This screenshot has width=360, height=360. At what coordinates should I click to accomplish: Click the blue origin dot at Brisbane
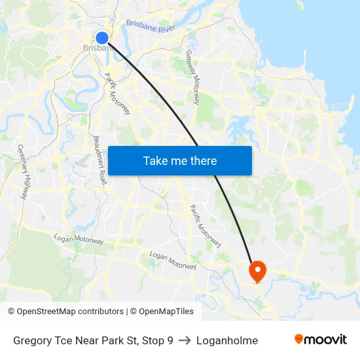(102, 38)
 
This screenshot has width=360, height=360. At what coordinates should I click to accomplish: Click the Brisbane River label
(151, 26)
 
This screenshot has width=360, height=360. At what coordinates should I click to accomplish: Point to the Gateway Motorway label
(193, 77)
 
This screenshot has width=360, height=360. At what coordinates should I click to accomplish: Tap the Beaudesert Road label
(99, 159)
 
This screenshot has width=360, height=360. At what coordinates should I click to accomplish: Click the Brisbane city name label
(97, 48)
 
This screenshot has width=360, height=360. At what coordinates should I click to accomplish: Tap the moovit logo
(320, 340)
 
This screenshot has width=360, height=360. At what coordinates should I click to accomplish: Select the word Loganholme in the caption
(226, 340)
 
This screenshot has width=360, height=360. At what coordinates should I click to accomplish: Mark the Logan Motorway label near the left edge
(79, 240)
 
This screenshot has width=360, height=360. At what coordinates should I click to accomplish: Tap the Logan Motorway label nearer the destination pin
(173, 260)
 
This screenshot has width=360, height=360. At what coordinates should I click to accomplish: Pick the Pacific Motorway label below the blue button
(206, 225)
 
